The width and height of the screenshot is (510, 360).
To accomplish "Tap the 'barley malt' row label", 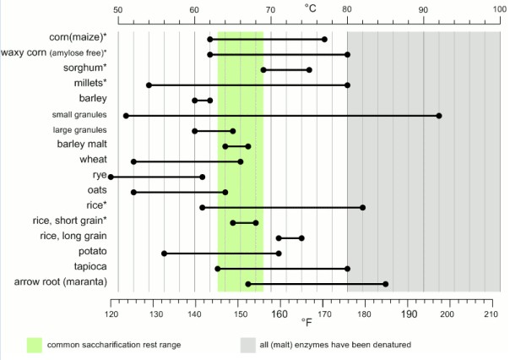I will pos(83,145).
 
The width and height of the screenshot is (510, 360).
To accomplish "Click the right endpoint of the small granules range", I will pos(439,115).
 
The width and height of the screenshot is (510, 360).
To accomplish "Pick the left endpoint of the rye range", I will pos(111,177).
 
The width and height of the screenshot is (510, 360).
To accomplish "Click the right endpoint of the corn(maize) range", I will pos(324,39).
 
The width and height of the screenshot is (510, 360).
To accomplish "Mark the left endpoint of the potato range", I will pos(164,253).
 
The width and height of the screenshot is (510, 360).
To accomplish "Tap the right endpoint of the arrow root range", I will pos(385,283).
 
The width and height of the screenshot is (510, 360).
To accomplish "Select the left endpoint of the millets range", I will pos(149,85).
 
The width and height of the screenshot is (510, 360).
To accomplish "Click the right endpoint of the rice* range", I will pos(362,207).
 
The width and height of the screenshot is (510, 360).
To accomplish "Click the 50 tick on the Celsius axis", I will pos(117,9).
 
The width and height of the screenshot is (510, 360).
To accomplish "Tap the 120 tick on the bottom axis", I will pos(111,314).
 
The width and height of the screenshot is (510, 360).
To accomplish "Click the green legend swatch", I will pos(34,345).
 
